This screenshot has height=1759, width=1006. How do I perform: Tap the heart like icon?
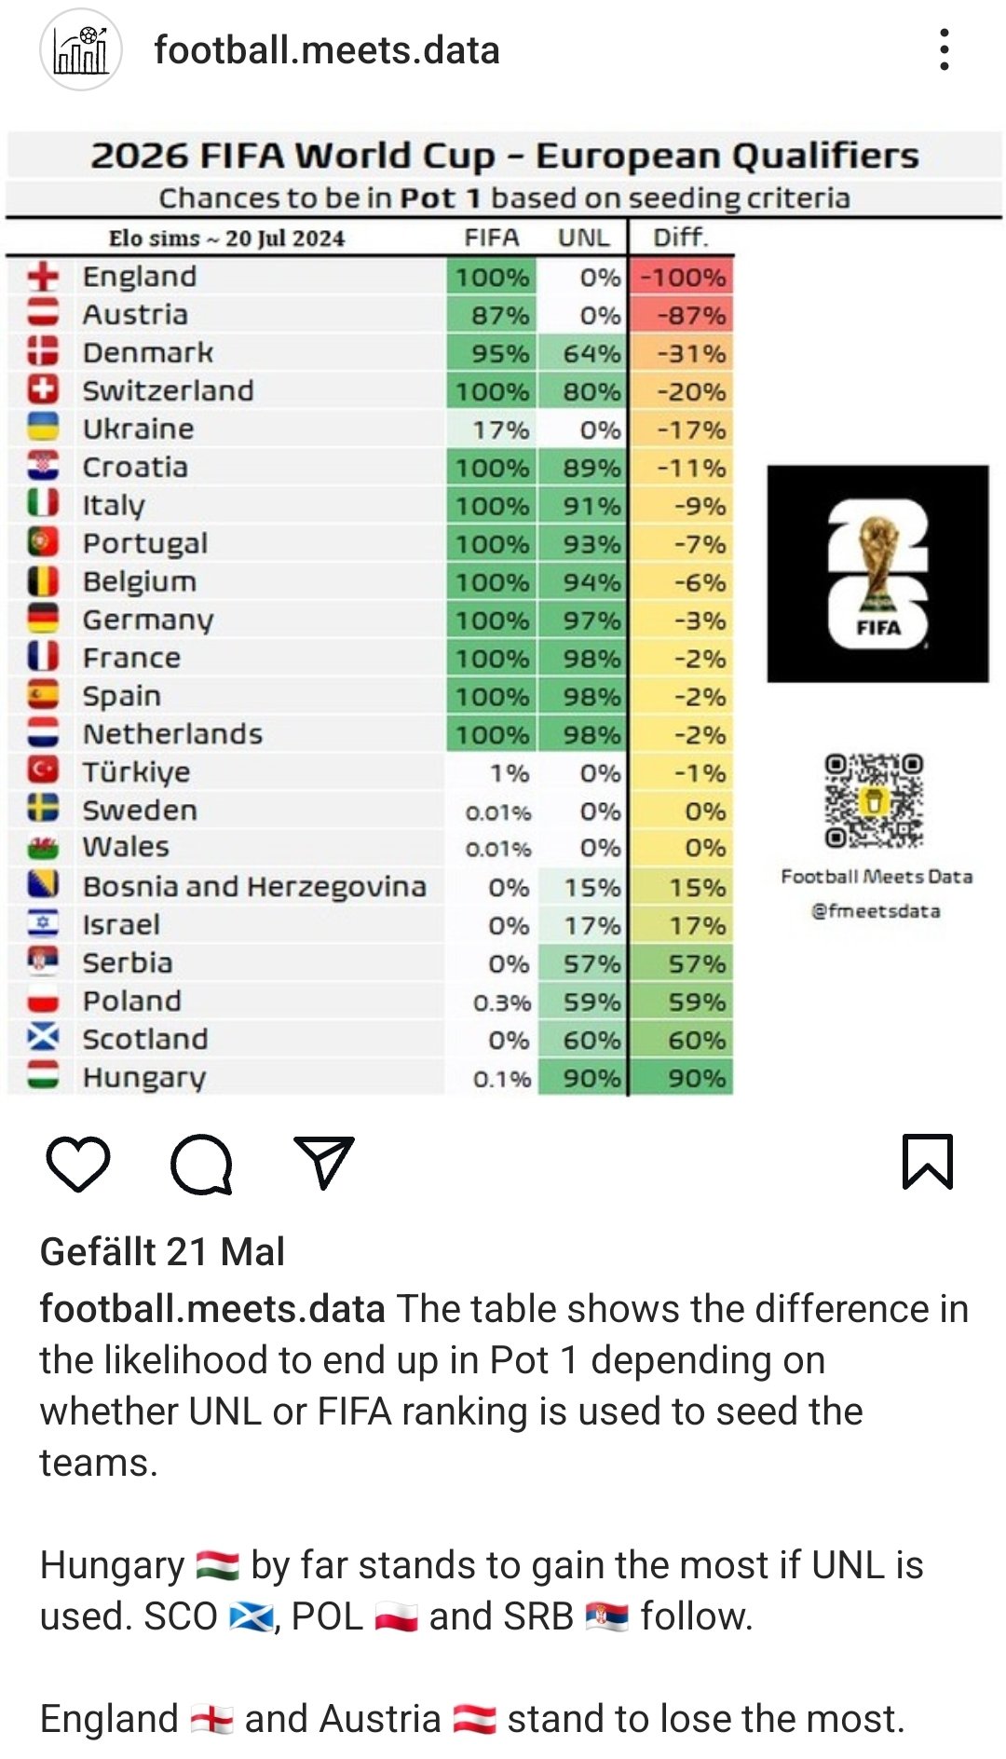[78, 1163]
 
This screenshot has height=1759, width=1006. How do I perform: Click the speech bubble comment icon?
[201, 1164]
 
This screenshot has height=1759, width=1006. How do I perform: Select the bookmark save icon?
[927, 1162]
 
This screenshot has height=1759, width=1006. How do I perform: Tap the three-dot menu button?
[945, 49]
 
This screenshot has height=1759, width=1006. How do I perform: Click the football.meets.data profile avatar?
[81, 49]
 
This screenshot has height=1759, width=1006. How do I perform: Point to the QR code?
[874, 801]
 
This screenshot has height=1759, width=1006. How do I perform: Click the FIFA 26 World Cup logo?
[877, 574]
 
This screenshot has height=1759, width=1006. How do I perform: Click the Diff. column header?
[681, 237]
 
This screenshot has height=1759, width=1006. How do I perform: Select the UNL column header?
[583, 238]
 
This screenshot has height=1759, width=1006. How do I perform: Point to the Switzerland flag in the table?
[43, 390]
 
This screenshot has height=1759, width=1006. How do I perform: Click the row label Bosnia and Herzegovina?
[254, 886]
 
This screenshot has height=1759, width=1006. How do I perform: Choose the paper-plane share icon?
[323, 1162]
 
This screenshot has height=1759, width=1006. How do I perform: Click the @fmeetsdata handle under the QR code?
[876, 910]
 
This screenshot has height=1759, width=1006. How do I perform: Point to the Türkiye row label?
[136, 771]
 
